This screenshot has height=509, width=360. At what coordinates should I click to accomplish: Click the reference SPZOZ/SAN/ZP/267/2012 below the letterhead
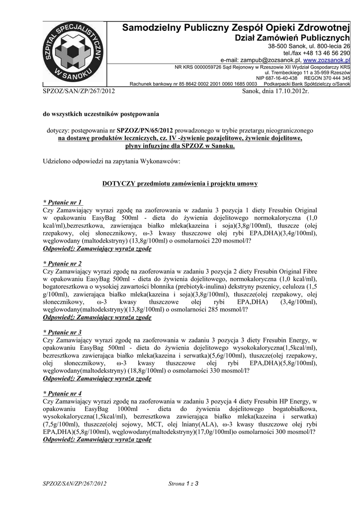click(79, 91)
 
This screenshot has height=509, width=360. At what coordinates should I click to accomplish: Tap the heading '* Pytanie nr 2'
click(63, 263)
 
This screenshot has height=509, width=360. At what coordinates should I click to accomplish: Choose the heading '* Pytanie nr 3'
click(63, 332)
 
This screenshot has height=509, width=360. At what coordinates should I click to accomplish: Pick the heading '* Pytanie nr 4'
click(63, 393)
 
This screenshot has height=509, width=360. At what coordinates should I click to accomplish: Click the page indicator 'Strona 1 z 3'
click(183, 483)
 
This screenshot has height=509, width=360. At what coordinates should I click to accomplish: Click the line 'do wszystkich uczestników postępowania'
click(101, 114)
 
